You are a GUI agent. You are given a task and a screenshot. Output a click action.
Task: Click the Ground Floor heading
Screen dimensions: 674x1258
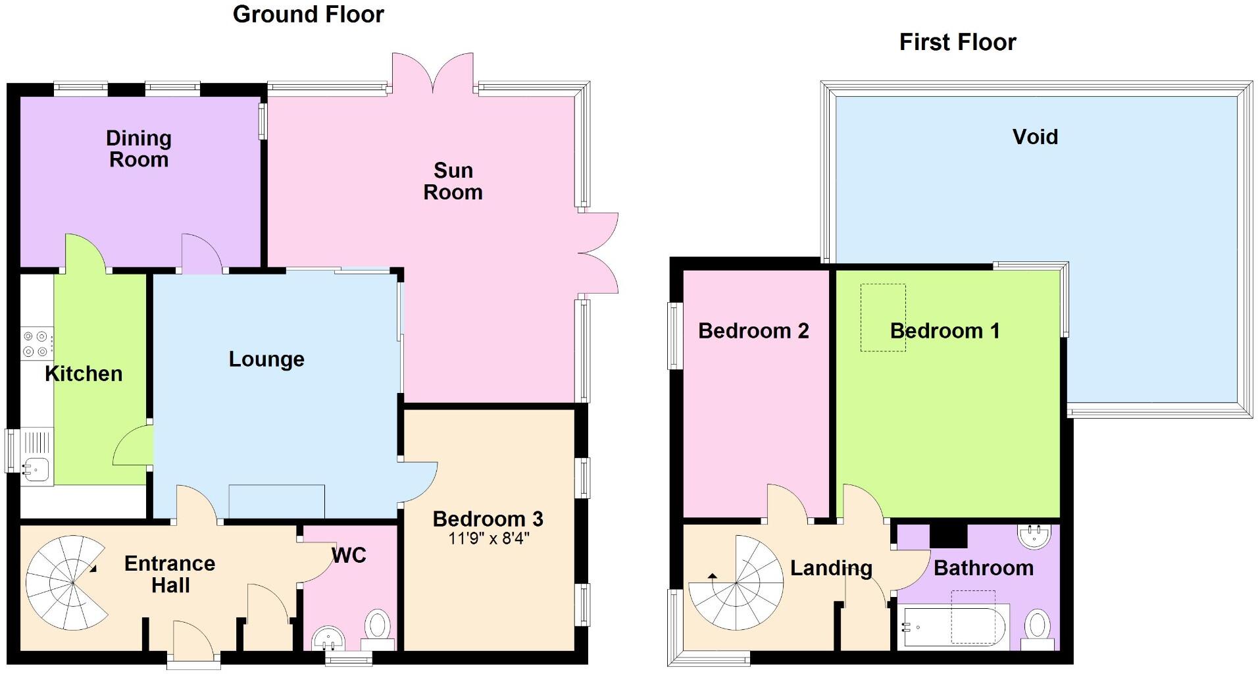(x=308, y=14)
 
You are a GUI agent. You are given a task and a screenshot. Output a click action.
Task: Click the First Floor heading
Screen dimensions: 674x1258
(x=957, y=43)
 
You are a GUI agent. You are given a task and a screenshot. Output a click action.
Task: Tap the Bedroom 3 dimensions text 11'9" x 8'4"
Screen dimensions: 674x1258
(x=488, y=539)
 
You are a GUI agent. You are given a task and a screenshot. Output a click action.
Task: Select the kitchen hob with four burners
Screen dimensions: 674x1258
(x=37, y=344)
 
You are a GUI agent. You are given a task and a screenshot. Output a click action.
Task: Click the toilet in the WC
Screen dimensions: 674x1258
(x=378, y=624)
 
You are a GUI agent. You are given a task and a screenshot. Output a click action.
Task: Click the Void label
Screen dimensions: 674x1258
(x=1035, y=137)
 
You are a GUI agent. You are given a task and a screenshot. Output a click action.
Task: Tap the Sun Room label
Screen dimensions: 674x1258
(x=453, y=181)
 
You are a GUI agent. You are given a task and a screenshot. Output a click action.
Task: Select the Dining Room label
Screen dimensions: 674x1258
(x=139, y=149)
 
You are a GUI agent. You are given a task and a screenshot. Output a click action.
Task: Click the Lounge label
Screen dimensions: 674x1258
(x=266, y=359)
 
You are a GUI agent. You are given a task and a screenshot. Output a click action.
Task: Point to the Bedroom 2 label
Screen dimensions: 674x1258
(x=753, y=330)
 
